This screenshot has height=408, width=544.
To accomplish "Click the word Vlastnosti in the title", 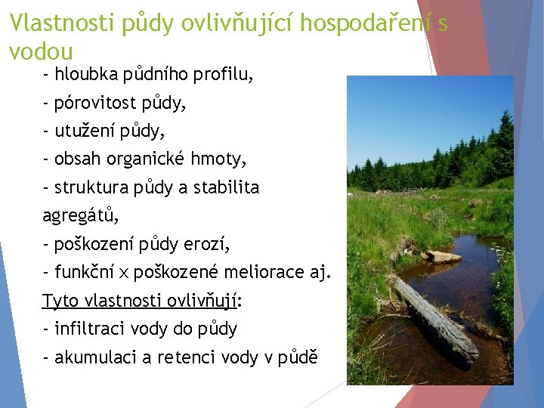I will (61, 24).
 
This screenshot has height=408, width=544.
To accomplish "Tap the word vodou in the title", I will (41, 52).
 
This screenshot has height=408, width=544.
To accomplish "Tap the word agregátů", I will (80, 216).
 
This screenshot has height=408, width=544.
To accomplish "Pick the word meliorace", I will (267, 272).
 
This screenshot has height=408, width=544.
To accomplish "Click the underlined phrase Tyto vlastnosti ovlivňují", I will (141, 301).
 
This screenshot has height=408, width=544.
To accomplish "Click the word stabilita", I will (226, 187).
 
